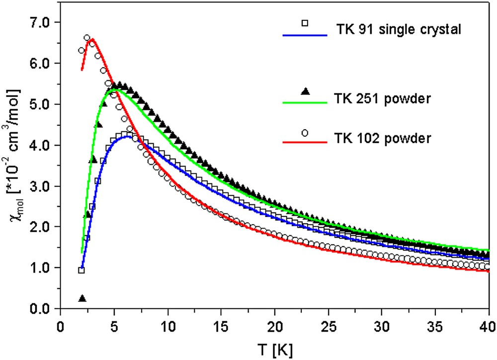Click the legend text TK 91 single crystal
(399, 29)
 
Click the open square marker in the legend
(306, 22)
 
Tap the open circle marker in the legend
(306, 133)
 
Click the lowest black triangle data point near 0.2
(82, 298)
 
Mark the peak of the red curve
(92, 39)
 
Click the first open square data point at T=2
(82, 270)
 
